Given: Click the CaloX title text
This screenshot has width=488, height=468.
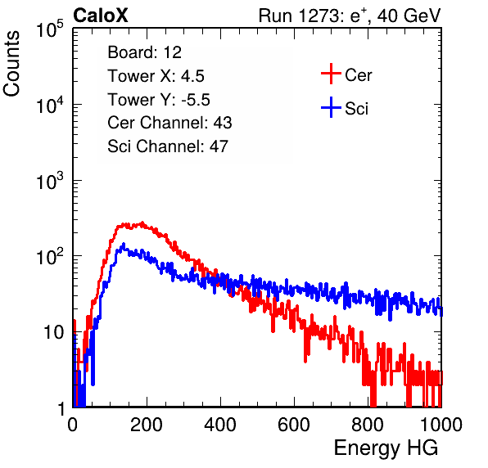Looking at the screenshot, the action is pyautogui.click(x=101, y=16).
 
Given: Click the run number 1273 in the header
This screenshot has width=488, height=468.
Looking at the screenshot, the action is pyautogui.click(x=318, y=16).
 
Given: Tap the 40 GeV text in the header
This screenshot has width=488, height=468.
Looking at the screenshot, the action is pyautogui.click(x=409, y=16).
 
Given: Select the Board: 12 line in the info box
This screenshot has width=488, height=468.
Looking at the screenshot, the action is pyautogui.click(x=144, y=52).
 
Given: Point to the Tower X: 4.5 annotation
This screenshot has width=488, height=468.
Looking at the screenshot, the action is pyautogui.click(x=156, y=76).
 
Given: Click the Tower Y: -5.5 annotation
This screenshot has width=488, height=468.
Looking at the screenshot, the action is pyautogui.click(x=159, y=100).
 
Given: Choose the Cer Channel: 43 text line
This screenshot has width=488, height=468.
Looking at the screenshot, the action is pyautogui.click(x=169, y=123).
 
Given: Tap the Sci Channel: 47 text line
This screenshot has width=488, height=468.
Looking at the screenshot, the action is pyautogui.click(x=168, y=146).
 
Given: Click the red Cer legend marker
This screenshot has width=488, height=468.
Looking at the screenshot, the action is pyautogui.click(x=331, y=74).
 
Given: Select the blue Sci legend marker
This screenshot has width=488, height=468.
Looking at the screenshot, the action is pyautogui.click(x=331, y=107).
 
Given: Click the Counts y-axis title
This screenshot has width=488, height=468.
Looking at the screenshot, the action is pyautogui.click(x=11, y=64).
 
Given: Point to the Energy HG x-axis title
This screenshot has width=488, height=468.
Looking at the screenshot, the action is pyautogui.click(x=386, y=448).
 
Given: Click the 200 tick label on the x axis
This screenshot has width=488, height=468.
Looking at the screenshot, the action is pyautogui.click(x=147, y=425).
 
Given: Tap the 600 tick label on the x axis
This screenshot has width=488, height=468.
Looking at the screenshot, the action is pyautogui.click(x=294, y=425).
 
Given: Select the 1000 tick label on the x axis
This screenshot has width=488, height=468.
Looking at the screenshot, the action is pyautogui.click(x=441, y=425).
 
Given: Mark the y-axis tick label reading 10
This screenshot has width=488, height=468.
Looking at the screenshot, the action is pyautogui.click(x=54, y=332).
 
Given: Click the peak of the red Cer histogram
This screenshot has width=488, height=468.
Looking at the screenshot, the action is pyautogui.click(x=142, y=223).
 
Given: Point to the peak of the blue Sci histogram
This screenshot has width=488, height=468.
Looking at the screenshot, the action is pyautogui.click(x=124, y=244).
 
